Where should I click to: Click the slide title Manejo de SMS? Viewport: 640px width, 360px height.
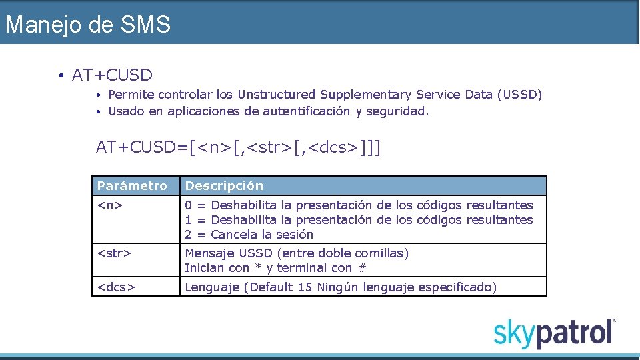[87, 25]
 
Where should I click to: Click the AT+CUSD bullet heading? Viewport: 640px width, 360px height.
[112, 75]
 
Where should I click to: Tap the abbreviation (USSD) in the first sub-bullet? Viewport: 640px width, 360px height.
[519, 95]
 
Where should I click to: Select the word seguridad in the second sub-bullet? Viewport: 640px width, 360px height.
[397, 111]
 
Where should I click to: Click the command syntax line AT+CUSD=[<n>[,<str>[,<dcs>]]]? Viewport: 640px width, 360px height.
[239, 147]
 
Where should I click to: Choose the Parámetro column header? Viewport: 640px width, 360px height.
[132, 185]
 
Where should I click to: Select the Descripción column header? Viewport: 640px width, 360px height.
[224, 185]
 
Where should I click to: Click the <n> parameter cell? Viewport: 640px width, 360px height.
[110, 205]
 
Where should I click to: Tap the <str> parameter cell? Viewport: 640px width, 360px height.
[114, 253]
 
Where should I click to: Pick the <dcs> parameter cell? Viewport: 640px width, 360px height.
[117, 287]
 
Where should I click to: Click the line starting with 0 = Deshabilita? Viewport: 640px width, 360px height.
[359, 205]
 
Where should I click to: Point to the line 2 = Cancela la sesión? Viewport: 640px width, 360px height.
[249, 235]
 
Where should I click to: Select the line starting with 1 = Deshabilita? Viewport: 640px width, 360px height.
[359, 220]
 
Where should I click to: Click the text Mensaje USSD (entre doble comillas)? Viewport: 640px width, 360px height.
[297, 253]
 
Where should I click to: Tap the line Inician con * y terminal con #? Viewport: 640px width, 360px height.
[275, 268]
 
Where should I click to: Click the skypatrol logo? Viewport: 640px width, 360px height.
[554, 332]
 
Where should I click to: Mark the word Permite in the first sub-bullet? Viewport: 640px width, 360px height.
[131, 95]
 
